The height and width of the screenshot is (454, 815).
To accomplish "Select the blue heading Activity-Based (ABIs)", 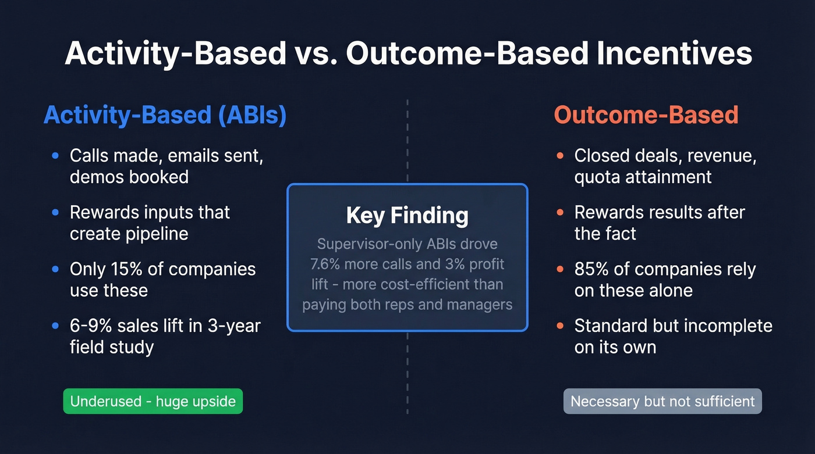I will [x=165, y=115].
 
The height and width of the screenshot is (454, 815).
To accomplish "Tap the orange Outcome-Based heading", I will [x=646, y=115].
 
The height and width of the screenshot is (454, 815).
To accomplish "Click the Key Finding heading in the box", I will [x=407, y=216].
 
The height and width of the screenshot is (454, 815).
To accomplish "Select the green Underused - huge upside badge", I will [x=153, y=401].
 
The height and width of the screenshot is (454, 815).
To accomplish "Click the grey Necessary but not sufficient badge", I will [x=662, y=401].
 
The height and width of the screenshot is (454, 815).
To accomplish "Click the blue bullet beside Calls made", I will [x=55, y=156].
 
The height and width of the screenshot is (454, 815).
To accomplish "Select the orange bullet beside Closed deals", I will [x=560, y=156].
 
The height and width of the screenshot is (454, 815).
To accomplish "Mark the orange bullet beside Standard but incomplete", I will [x=560, y=326].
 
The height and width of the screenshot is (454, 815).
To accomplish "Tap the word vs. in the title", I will [x=317, y=53].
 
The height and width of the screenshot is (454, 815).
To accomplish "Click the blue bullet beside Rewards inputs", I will [x=55, y=213].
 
